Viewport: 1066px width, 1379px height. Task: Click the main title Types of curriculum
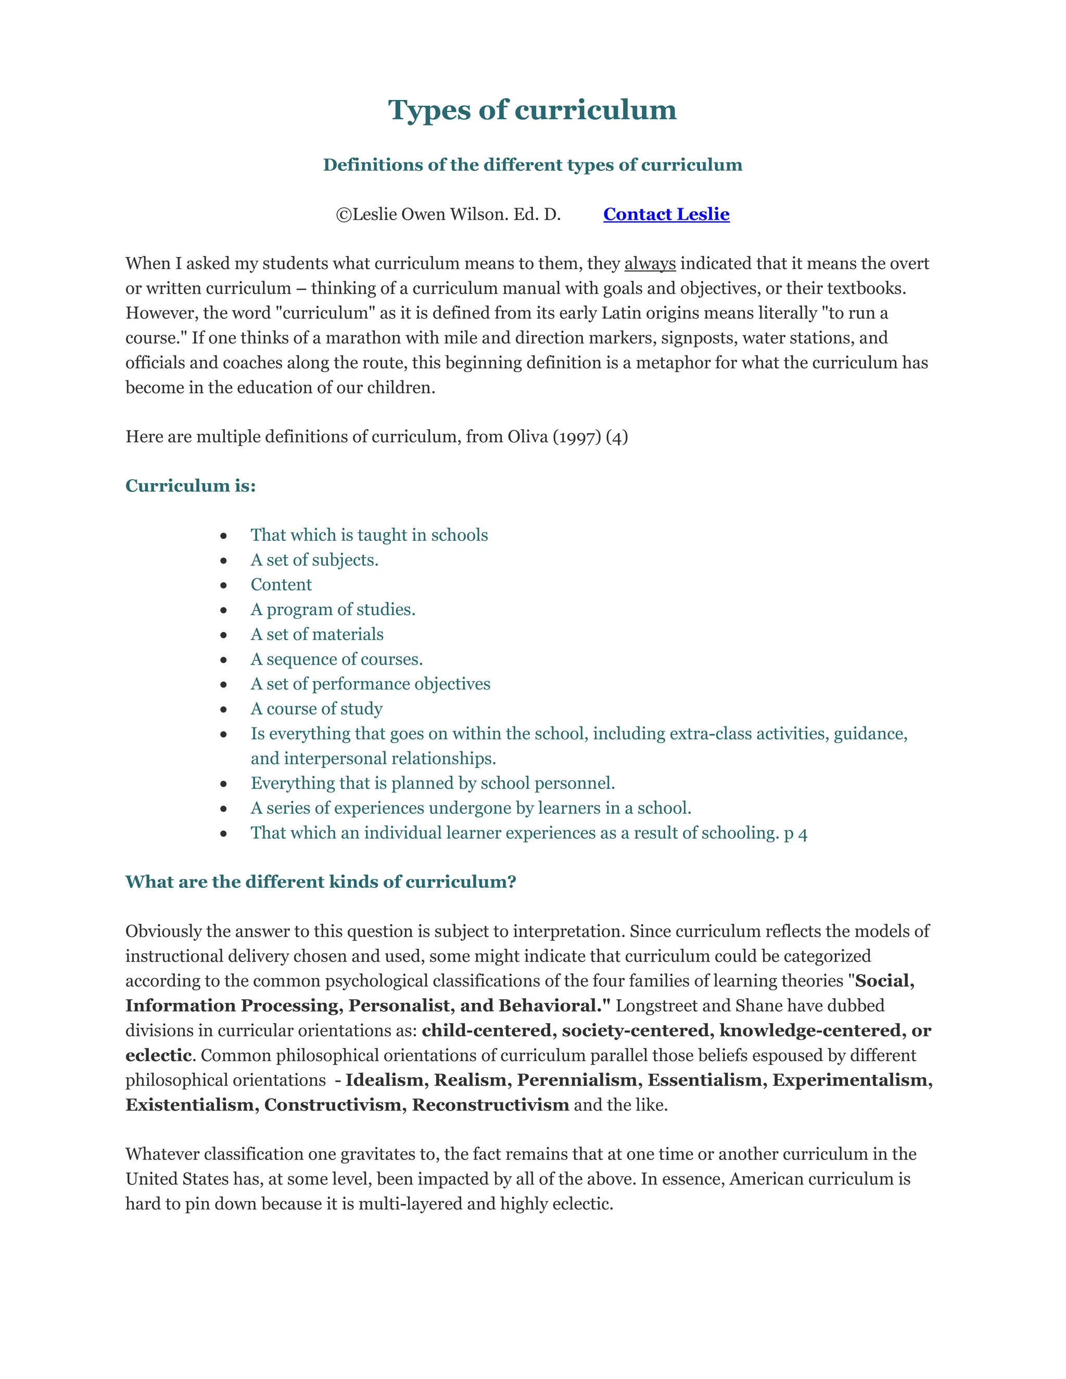532,110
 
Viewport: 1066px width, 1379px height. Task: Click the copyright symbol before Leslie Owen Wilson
344,215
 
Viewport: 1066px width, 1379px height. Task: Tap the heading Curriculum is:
190,486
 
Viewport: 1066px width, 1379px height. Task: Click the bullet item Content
281,585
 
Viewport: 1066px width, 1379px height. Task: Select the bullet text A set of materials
316,634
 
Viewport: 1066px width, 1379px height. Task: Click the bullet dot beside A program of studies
223,610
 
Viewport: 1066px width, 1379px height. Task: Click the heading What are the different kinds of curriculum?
320,882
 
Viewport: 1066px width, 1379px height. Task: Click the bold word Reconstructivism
491,1104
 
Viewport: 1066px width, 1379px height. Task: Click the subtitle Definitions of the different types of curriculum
532,165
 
